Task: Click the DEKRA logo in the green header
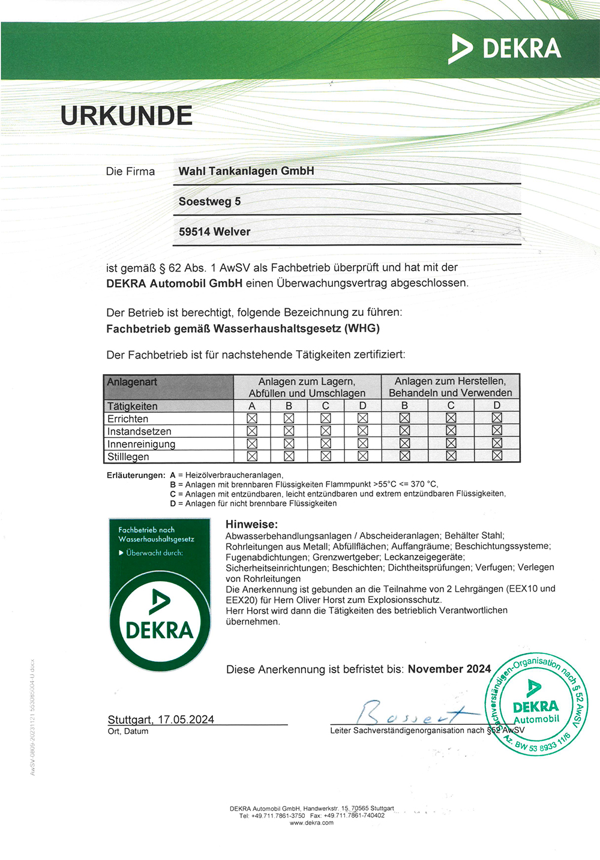click(505, 49)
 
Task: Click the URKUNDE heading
click(126, 116)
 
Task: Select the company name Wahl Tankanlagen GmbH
click(246, 171)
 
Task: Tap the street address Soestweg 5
click(209, 202)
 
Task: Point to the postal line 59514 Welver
click(214, 232)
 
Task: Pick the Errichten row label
click(128, 419)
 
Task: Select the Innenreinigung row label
click(141, 444)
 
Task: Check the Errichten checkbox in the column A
click(252, 418)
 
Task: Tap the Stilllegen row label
click(128, 457)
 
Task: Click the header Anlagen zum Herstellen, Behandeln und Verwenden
click(451, 387)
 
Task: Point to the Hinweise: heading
click(251, 524)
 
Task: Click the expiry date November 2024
click(449, 669)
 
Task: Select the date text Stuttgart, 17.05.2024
click(161, 719)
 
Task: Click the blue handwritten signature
click(408, 713)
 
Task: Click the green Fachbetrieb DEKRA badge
click(160, 594)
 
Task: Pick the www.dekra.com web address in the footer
click(311, 823)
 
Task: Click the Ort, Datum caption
click(128, 731)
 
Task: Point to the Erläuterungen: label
click(136, 475)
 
